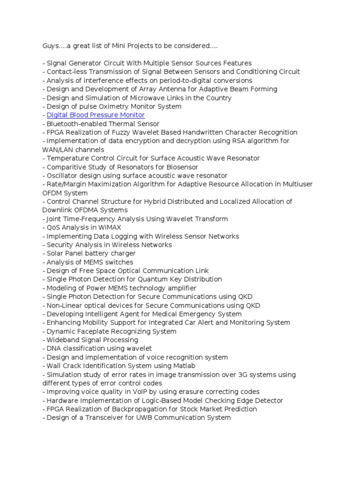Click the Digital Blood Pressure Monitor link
(96, 115)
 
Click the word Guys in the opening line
(51, 46)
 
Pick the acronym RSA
(234, 141)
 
